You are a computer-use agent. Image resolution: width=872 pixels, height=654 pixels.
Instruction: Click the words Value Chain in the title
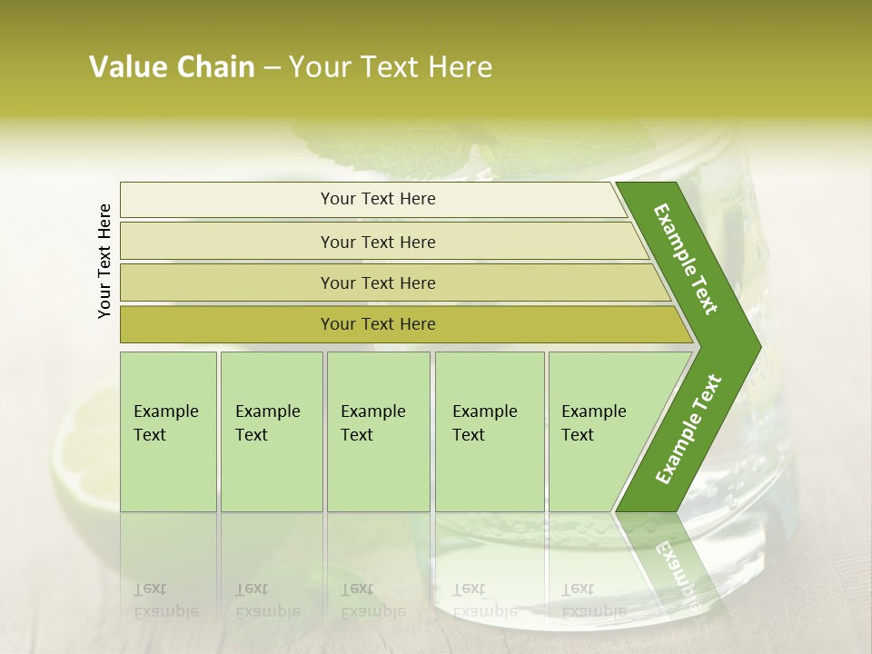click(x=172, y=67)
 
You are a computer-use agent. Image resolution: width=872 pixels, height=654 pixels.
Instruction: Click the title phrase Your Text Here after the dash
click(x=391, y=67)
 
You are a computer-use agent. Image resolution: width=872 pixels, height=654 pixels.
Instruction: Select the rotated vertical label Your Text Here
click(x=104, y=261)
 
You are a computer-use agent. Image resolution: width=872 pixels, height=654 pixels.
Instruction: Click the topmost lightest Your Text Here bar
click(x=378, y=199)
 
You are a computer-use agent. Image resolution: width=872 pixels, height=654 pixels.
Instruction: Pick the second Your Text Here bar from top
click(x=378, y=242)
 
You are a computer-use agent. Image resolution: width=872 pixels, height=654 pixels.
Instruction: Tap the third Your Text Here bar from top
click(x=378, y=282)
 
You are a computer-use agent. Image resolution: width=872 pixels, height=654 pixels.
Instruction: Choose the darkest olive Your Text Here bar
click(x=378, y=324)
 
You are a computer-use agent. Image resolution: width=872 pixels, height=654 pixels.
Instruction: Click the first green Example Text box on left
click(x=168, y=431)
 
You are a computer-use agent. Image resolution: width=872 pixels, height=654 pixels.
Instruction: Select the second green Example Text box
click(x=271, y=431)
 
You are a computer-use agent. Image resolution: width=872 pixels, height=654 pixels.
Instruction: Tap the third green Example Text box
click(x=377, y=431)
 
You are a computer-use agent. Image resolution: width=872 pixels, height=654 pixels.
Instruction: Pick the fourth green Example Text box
click(x=489, y=431)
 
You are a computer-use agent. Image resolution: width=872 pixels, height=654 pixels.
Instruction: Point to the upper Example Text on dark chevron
click(x=686, y=259)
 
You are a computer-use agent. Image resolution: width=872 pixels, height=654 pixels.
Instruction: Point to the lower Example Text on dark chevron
click(x=689, y=429)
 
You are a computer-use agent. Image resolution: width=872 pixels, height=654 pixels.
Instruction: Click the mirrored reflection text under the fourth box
click(x=484, y=600)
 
